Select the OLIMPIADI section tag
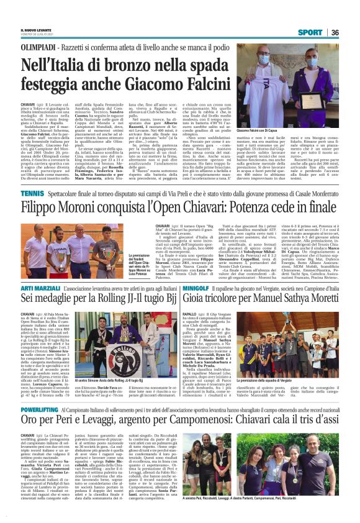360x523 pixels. pos(39,47)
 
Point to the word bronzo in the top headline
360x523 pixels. pos(128,64)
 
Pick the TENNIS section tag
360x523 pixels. pos(32,194)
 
